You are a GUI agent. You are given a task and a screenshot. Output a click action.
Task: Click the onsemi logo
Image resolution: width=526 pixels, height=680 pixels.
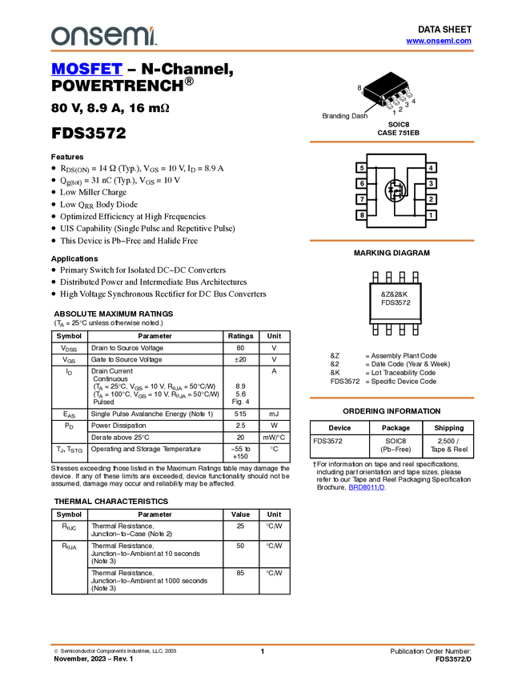(x=104, y=36)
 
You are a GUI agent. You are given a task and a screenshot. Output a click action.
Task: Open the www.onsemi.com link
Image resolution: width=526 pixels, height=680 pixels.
(x=439, y=41)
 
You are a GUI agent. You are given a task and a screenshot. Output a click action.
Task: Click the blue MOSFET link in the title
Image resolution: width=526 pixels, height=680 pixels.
(x=86, y=69)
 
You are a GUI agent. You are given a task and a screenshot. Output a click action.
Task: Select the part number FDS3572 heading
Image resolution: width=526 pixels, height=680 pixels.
(x=89, y=133)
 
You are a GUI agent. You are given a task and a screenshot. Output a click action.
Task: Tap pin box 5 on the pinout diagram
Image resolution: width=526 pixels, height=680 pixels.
(x=361, y=168)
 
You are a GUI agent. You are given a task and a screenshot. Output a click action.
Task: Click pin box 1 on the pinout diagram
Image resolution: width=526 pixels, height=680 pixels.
(x=431, y=215)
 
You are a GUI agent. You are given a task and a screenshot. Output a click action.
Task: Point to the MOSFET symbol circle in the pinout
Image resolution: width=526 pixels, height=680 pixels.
(x=396, y=190)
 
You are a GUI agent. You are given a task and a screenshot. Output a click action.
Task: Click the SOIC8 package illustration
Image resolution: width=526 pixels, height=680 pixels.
(x=387, y=90)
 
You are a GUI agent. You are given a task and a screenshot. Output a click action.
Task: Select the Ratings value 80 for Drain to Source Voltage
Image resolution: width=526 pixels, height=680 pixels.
(x=240, y=348)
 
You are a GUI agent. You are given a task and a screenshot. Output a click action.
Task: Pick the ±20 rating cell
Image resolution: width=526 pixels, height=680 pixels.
(x=240, y=359)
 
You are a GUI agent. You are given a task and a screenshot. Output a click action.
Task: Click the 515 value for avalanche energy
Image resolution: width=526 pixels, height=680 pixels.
(x=240, y=414)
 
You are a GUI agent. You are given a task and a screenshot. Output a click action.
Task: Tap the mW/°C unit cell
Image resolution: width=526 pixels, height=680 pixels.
(x=274, y=438)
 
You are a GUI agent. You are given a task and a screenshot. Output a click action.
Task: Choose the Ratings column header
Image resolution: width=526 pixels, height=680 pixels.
(x=240, y=336)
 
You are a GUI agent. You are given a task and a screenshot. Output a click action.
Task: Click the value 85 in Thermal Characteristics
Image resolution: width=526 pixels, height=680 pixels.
(x=240, y=573)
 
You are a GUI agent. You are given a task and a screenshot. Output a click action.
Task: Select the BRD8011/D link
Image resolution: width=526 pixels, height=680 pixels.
(x=367, y=487)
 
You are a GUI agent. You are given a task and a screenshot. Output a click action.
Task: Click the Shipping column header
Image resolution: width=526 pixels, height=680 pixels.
(x=449, y=428)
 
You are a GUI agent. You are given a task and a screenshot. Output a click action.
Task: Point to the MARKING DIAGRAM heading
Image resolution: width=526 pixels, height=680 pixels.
(x=391, y=253)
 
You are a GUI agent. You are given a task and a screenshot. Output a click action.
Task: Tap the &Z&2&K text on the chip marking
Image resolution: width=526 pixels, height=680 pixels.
(x=395, y=294)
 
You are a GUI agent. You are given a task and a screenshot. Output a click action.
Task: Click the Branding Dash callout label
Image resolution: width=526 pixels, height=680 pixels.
(x=344, y=116)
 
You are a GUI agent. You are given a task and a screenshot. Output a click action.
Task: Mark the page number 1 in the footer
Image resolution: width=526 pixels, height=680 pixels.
(x=262, y=651)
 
